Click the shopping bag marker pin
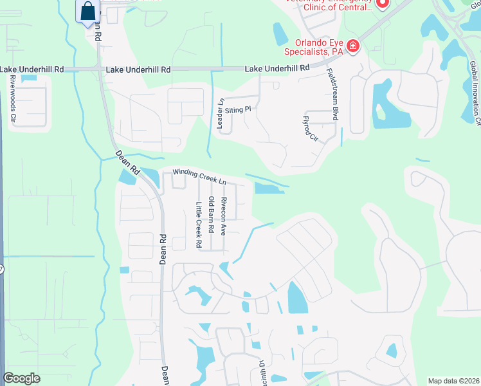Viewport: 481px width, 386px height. click(x=87, y=12)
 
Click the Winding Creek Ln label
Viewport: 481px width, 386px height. click(x=199, y=177)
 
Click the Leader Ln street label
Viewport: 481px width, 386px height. click(x=220, y=115)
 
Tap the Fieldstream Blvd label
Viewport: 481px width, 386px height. click(x=332, y=94)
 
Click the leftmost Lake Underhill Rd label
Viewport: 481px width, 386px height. click(x=32, y=69)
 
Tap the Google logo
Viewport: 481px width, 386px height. click(x=21, y=378)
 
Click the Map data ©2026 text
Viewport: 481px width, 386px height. click(x=453, y=381)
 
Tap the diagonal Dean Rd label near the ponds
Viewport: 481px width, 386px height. click(x=128, y=163)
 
